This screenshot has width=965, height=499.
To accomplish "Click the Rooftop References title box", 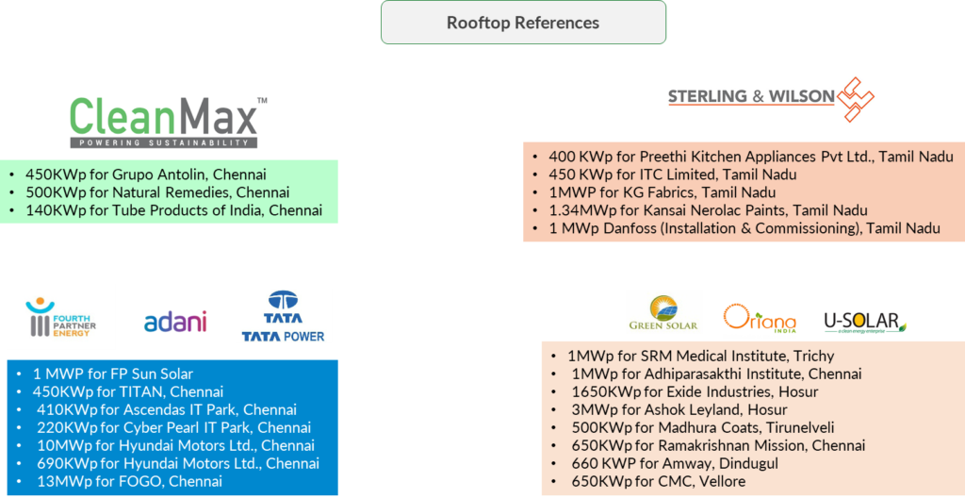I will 523,23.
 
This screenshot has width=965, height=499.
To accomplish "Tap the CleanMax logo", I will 170,121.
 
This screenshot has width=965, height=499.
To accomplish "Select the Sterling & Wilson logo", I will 771,96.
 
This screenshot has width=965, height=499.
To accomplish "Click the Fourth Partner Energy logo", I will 61,317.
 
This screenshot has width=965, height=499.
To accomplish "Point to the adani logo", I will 175,322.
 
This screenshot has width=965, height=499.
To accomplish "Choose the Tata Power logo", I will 284,316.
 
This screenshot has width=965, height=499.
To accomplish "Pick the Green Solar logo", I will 664,312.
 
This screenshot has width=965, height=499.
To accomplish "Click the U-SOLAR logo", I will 865,323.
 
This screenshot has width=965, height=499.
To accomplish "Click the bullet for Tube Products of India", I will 12,210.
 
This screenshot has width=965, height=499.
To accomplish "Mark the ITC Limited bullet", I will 536,175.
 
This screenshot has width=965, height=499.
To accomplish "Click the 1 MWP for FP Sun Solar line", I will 113,374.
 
